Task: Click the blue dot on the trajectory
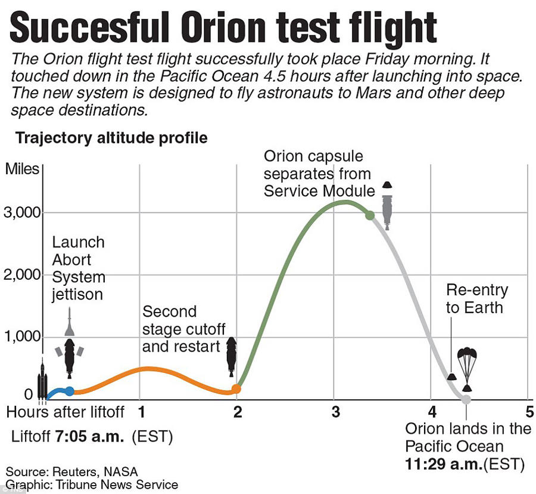click(70, 391)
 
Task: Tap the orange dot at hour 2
click(236, 388)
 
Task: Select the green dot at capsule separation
click(369, 215)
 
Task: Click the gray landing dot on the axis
click(466, 399)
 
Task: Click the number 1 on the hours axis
click(142, 412)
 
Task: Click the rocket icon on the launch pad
click(42, 382)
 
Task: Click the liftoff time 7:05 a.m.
click(89, 436)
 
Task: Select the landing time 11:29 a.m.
click(441, 464)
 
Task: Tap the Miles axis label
click(22, 169)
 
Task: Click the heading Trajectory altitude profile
click(111, 138)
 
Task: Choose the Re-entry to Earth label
click(476, 299)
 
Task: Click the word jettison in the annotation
click(77, 294)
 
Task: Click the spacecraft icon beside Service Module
click(388, 206)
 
